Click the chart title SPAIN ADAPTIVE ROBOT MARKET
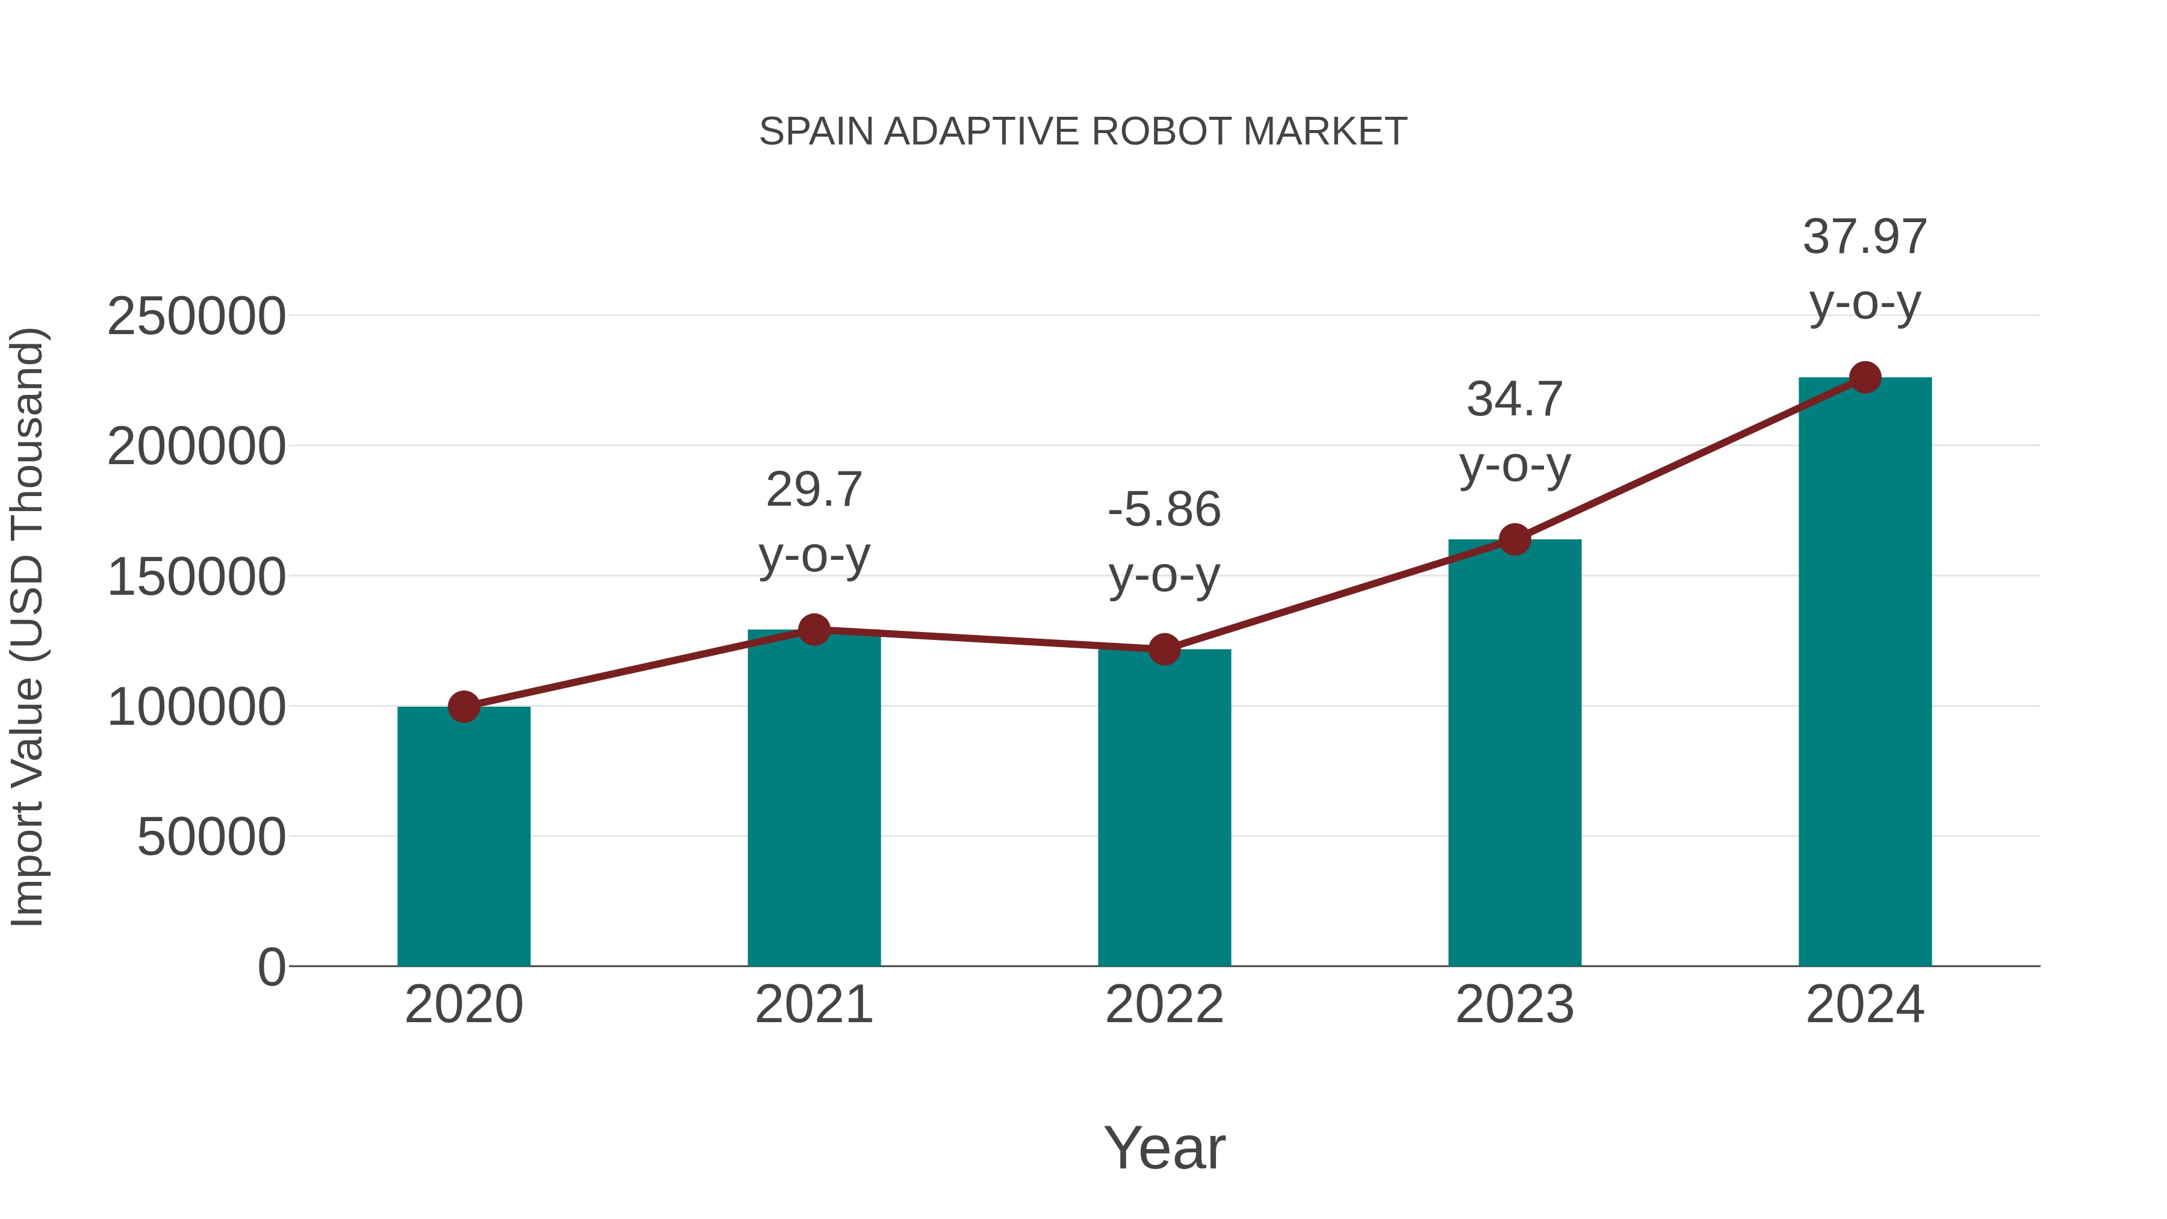click(x=1083, y=132)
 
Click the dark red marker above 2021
click(x=813, y=629)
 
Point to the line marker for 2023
click(x=1514, y=539)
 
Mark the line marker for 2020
click(x=463, y=707)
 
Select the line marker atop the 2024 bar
click(x=1865, y=377)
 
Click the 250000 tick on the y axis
click(x=196, y=317)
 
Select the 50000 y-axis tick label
click(x=211, y=837)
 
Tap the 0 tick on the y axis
click(x=271, y=967)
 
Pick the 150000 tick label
click(x=196, y=578)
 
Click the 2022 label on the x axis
click(x=1164, y=1005)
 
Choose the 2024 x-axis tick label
click(x=1865, y=1005)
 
